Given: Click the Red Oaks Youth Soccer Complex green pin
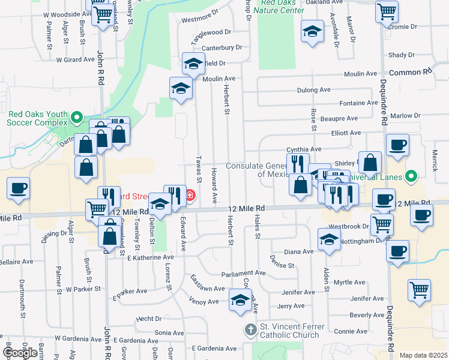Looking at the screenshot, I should [76, 116].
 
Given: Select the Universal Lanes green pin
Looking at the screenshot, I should [411, 177].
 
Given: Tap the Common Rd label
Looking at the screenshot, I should [411, 72].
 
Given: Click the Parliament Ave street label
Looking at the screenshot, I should [243, 272].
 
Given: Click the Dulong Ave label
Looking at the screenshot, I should [314, 90].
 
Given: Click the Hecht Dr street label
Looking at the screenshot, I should [148, 319].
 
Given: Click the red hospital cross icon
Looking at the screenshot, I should [190, 195].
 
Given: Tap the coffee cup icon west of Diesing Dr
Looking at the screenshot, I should [18, 188].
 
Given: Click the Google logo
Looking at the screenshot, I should [20, 352].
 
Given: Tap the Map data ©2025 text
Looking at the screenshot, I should [423, 355].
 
